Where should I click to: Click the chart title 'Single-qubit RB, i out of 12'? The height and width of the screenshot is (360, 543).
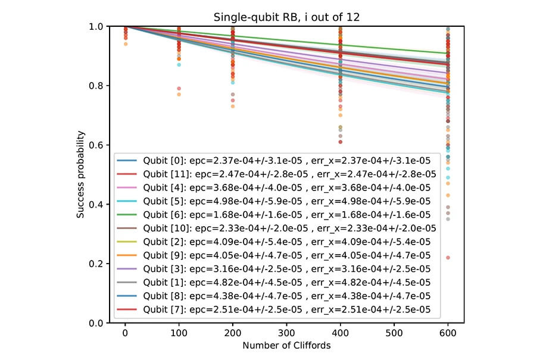pyautogui.click(x=286, y=17)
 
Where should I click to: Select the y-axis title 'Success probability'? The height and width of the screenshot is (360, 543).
pyautogui.click(x=80, y=174)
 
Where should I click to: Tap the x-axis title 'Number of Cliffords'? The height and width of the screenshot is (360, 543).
pyautogui.click(x=286, y=345)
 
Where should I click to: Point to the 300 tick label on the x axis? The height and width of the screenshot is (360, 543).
pyautogui.click(x=286, y=333)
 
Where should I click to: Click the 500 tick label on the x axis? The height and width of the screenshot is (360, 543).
pyautogui.click(x=394, y=333)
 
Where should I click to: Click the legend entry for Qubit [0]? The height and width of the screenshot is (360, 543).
pyautogui.click(x=273, y=161)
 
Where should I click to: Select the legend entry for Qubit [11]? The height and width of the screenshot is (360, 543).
pyautogui.click(x=276, y=174)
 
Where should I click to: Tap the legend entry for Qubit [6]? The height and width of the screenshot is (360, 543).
pyautogui.click(x=273, y=215)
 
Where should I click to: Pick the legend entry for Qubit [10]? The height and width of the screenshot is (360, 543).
pyautogui.click(x=276, y=228)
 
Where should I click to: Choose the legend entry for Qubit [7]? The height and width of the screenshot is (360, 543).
pyautogui.click(x=273, y=309)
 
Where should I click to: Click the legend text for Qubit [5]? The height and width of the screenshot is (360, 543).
pyautogui.click(x=287, y=201)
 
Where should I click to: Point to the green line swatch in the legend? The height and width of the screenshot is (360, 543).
pyautogui.click(x=127, y=215)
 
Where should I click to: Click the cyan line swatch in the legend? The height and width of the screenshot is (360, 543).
pyautogui.click(x=127, y=201)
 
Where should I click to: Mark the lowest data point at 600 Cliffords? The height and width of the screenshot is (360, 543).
pyautogui.click(x=448, y=258)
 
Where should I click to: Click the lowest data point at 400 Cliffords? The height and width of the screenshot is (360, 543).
pyautogui.click(x=341, y=142)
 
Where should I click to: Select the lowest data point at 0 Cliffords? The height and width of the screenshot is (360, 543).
pyautogui.click(x=126, y=44)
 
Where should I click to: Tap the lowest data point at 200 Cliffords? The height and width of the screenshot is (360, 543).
pyautogui.click(x=233, y=107)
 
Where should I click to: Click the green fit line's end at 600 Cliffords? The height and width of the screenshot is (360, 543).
pyautogui.click(x=448, y=54)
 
